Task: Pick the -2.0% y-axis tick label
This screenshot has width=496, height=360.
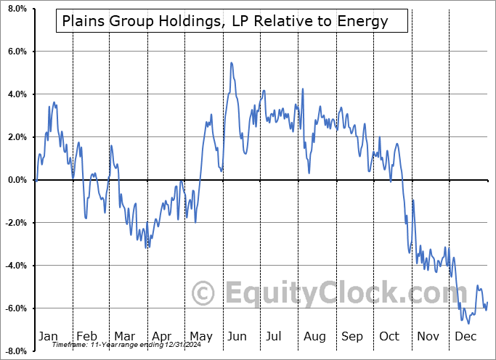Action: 15,223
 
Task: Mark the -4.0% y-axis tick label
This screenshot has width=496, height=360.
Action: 15,266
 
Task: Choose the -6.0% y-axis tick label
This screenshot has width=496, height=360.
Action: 15,308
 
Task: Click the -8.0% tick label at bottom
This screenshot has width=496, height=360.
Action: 15,351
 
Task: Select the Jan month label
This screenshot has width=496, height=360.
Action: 47,337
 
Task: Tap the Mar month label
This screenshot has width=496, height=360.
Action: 124,337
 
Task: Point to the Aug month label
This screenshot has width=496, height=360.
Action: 314,337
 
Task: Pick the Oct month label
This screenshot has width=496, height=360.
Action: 390,337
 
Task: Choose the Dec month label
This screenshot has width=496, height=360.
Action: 465,337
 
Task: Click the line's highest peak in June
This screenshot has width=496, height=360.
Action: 231,62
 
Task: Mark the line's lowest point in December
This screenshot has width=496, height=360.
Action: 468,323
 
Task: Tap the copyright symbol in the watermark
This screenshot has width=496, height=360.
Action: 203,294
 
